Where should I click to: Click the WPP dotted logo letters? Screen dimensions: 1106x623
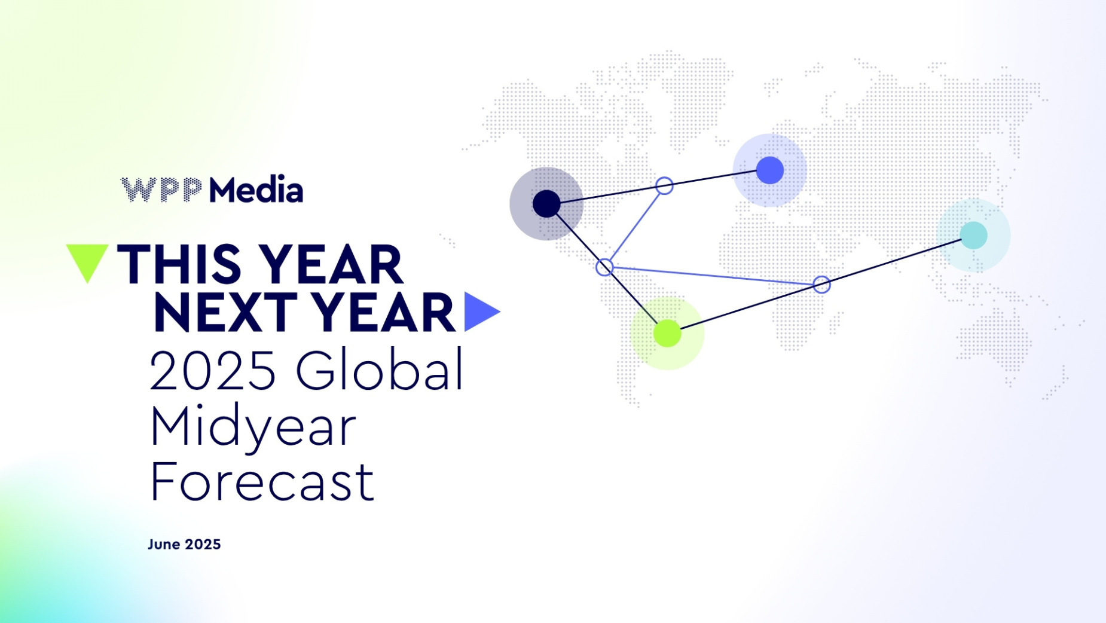161,190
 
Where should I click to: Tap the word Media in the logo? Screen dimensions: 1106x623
256,190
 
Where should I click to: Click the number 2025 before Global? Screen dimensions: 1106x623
212,371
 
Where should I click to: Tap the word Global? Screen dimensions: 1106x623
380,368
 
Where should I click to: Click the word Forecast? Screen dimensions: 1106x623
262,481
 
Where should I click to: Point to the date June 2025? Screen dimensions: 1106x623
184,544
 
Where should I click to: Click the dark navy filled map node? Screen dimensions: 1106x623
546,204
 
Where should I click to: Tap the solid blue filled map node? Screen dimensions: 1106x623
770,170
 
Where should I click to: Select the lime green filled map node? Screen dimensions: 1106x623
667,333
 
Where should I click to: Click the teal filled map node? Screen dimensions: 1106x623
973,235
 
